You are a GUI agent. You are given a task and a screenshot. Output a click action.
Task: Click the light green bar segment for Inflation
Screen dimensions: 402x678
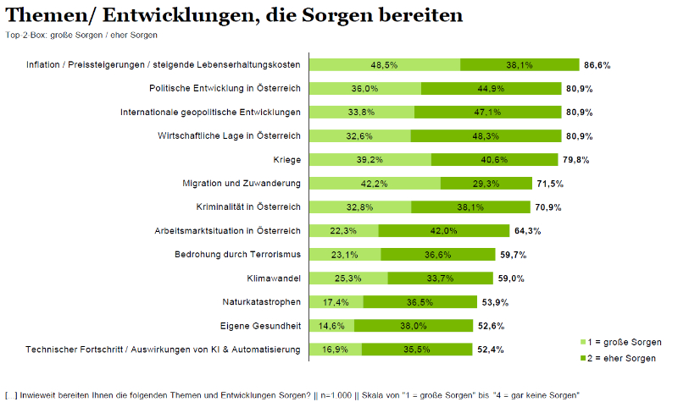(384, 64)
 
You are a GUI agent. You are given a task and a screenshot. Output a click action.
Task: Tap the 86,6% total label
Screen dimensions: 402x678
(597, 64)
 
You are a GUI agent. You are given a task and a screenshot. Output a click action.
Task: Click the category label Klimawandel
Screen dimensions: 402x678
(274, 278)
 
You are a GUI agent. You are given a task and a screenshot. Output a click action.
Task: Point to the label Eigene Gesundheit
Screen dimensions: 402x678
(260, 325)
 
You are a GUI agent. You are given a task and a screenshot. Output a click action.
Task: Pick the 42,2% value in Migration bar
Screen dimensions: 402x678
(374, 183)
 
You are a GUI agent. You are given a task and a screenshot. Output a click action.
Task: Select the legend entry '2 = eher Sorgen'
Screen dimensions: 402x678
(625, 359)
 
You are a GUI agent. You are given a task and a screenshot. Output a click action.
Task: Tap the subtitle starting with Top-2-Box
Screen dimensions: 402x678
(81, 35)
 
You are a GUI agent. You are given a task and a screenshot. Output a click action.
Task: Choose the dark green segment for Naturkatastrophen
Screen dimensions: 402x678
(417, 301)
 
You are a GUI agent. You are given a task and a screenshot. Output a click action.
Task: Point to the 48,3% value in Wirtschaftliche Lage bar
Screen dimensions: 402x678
(486, 135)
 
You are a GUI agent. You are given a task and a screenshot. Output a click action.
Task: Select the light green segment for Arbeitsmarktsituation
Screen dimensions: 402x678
(343, 230)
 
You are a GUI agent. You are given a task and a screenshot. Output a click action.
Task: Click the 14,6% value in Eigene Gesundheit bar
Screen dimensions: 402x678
(331, 325)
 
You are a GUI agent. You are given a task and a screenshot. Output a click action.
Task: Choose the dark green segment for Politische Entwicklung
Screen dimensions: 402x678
(491, 88)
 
